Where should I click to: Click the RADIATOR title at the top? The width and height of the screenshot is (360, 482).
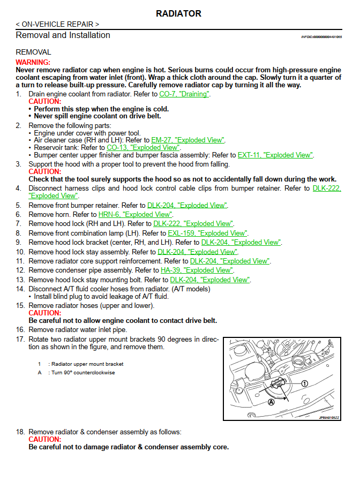point(179,13)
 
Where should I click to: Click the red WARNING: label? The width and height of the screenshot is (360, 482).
point(33,63)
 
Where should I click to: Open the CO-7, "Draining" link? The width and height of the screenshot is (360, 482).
point(184,94)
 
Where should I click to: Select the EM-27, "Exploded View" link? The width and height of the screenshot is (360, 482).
point(188,140)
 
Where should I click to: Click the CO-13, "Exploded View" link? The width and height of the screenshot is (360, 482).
point(144,147)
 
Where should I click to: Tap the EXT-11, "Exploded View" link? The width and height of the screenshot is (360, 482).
point(275,155)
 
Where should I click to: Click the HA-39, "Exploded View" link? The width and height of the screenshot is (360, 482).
point(197,270)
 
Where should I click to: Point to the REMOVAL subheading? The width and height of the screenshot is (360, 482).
point(33,52)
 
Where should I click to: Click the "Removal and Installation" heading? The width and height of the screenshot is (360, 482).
point(63,35)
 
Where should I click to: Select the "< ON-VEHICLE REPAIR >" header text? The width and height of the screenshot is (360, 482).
point(57,24)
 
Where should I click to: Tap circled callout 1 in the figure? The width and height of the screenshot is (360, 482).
point(304,383)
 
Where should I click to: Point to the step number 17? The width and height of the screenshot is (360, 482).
point(20,340)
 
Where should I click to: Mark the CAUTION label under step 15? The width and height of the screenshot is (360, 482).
point(44,313)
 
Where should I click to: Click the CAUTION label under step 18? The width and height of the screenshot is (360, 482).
point(44,439)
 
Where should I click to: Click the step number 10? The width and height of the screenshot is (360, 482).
point(20,252)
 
